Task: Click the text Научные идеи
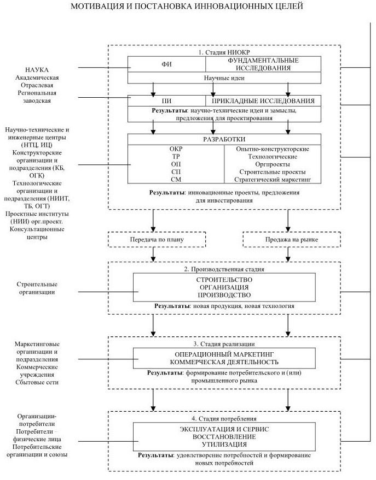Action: point(225,78)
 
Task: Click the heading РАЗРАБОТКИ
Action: point(225,139)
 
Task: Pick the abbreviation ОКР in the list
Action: point(176,149)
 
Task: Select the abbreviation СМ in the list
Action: point(176,180)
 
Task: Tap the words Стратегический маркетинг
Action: point(272,180)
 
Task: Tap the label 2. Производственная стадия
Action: point(225,269)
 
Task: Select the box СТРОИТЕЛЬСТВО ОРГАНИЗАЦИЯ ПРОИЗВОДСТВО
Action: point(224,287)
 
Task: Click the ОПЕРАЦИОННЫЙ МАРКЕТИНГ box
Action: point(224,358)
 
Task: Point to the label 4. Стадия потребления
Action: point(225,418)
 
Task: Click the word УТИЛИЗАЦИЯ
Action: point(224,444)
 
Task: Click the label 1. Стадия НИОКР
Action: point(224,52)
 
